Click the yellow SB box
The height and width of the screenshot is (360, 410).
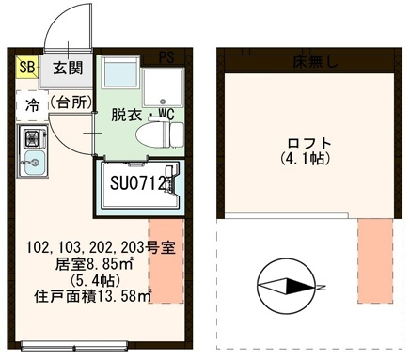pos(26,68)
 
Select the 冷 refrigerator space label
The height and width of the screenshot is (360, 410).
pos(32,104)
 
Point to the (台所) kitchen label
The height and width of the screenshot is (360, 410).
pos(71,102)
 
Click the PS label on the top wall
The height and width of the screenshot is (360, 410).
pos(167,55)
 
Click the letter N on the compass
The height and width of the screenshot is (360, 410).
pos(322,286)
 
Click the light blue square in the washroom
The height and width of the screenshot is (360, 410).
pos(119,73)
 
